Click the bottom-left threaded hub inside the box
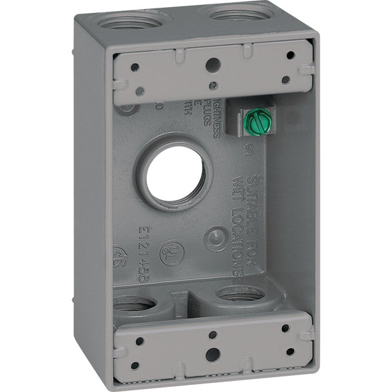click(132, 302)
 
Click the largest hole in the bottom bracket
click(212, 354)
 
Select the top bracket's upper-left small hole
click(135, 66)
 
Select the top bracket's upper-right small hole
click(291, 55)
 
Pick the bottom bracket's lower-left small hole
click(135, 366)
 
